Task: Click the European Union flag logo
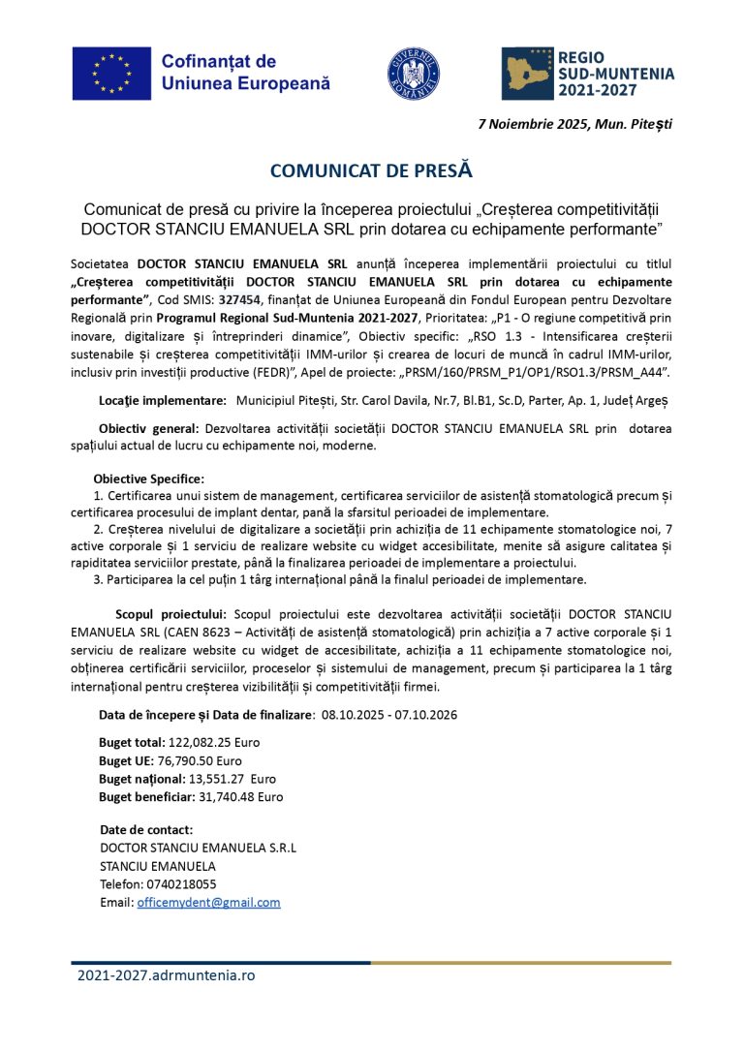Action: click(x=111, y=74)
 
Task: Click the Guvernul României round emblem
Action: click(x=414, y=73)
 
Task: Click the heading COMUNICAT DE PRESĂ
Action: click(x=371, y=170)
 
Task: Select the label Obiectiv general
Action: click(x=148, y=428)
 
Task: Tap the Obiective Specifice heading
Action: click(x=148, y=479)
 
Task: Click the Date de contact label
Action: click(x=146, y=830)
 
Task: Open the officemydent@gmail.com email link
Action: click(x=208, y=902)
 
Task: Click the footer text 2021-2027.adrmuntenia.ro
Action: click(x=166, y=975)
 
